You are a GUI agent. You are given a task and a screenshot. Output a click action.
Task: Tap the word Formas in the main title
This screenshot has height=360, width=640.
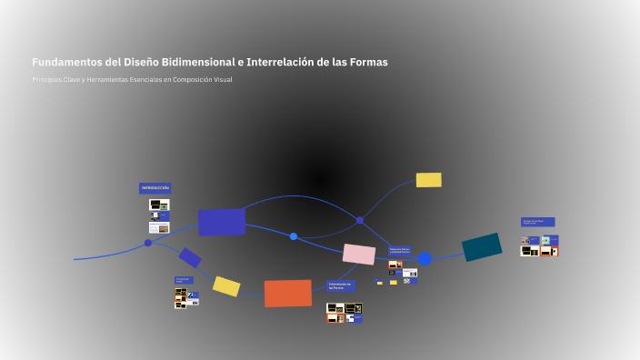(365, 63)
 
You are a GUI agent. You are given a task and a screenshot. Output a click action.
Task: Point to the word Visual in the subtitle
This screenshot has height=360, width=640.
(223, 80)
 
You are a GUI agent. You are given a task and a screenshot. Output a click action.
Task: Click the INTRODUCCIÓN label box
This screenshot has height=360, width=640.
(155, 188)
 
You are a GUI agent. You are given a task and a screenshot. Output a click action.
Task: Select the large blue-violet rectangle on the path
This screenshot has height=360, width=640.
(221, 222)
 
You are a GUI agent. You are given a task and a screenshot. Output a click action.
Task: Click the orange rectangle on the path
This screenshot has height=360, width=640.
(287, 293)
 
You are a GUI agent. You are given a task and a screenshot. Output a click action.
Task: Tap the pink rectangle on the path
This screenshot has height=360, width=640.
(359, 255)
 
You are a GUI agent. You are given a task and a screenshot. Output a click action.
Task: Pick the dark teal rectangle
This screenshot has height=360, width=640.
(482, 247)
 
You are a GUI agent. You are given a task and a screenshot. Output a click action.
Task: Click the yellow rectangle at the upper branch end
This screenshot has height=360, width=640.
(428, 180)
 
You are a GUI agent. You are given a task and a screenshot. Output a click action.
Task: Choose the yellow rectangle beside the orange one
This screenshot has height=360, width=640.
(226, 286)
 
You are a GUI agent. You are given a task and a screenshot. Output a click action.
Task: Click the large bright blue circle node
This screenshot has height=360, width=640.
(425, 259)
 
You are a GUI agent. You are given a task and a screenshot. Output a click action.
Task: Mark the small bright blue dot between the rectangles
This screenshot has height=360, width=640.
(294, 236)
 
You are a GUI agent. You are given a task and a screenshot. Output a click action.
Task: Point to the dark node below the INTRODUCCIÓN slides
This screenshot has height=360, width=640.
(148, 243)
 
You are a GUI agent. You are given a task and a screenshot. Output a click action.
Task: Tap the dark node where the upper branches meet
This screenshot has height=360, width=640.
(360, 220)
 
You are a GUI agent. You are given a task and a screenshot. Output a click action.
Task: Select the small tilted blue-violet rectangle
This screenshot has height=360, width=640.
(190, 258)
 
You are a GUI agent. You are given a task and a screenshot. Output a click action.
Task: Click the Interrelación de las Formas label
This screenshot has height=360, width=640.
(341, 285)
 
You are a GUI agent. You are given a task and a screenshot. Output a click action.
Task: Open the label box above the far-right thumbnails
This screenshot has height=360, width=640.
(537, 222)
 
